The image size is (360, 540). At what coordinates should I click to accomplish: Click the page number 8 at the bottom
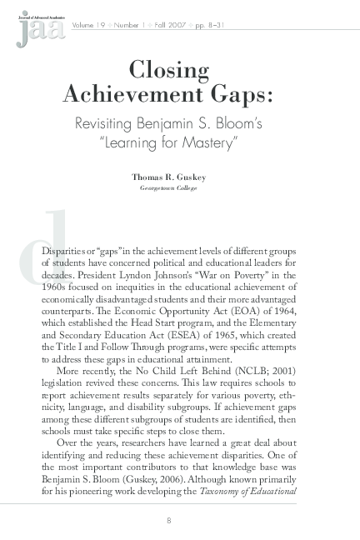169,521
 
